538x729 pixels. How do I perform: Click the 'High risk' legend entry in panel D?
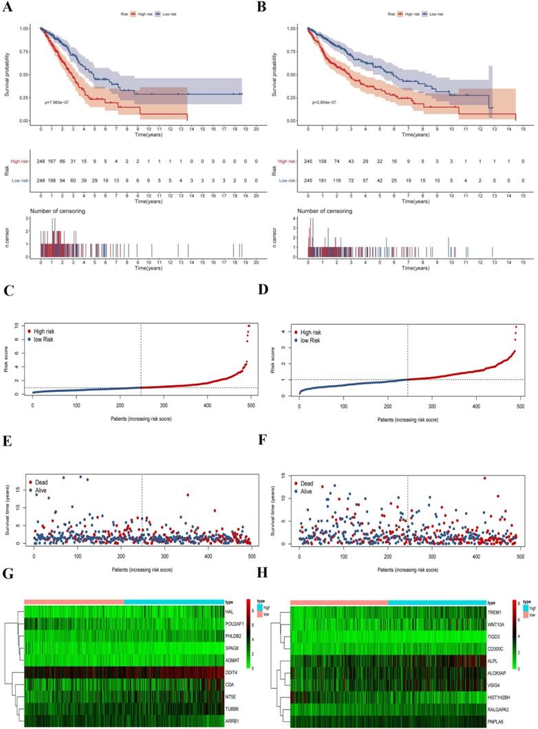point(314,332)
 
